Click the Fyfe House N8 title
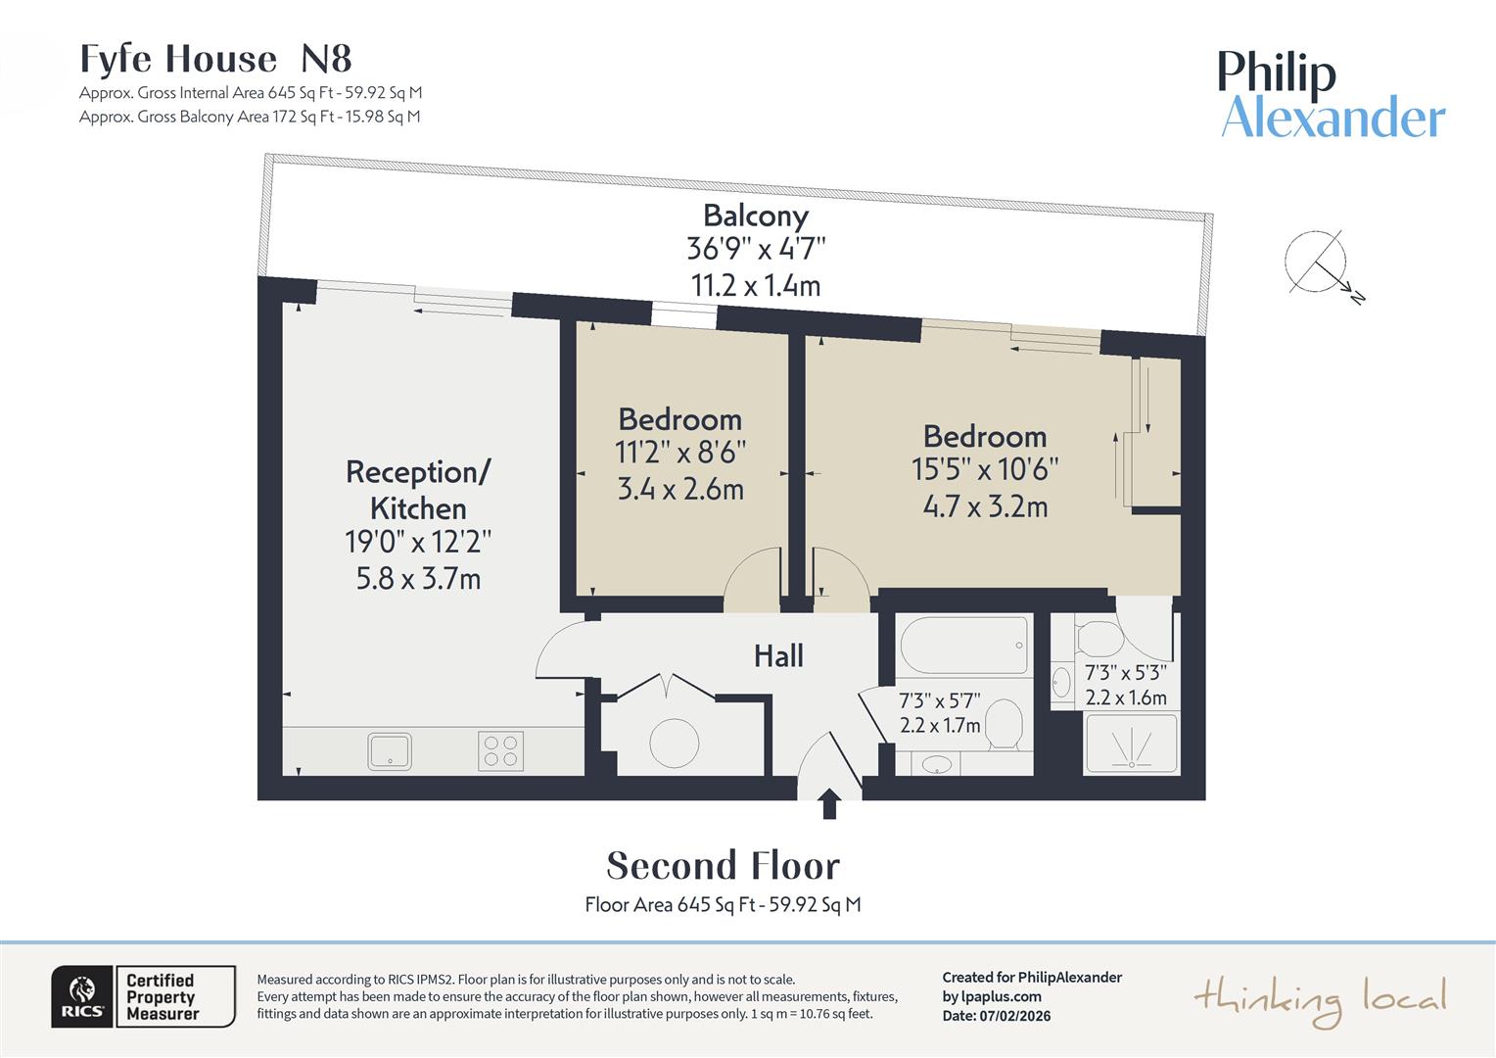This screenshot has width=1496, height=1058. pyautogui.click(x=215, y=60)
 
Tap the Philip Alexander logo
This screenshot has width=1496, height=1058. pyautogui.click(x=1331, y=95)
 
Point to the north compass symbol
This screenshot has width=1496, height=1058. pyautogui.click(x=1318, y=263)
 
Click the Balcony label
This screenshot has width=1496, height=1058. pyautogui.click(x=755, y=216)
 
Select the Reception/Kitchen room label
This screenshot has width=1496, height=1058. pyautogui.click(x=418, y=490)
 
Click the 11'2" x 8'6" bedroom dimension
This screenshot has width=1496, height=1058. pyautogui.click(x=680, y=453)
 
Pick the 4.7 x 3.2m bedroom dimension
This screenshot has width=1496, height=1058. pyautogui.click(x=985, y=506)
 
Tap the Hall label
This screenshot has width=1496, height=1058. pyautogui.click(x=778, y=655)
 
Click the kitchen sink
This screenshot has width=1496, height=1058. pyautogui.click(x=390, y=751)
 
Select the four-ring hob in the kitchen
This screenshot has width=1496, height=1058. pyautogui.click(x=500, y=751)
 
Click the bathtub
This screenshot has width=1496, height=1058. pyautogui.click(x=963, y=645)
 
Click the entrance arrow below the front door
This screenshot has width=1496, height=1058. pyautogui.click(x=829, y=804)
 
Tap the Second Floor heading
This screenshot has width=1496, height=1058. pyautogui.click(x=723, y=866)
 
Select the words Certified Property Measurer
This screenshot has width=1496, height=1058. pyautogui.click(x=163, y=997)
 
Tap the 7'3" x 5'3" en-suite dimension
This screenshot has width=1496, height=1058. pyautogui.click(x=1125, y=673)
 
